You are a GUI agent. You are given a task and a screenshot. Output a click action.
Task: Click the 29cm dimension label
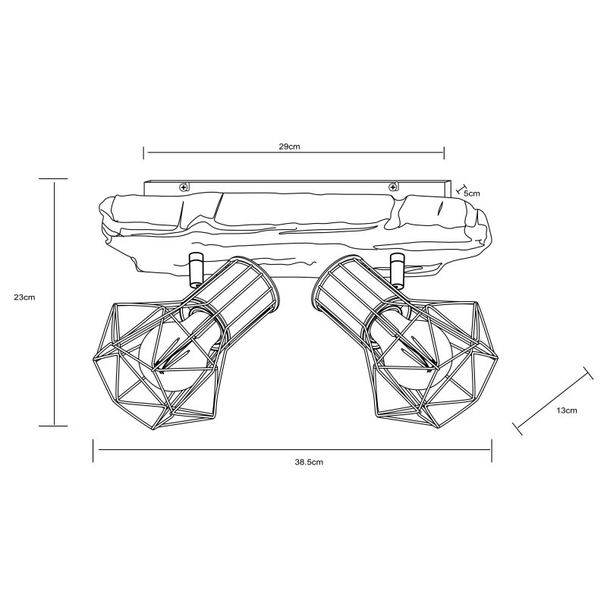tap(290, 146)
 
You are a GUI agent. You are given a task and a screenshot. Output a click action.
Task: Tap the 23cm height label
tap(24, 297)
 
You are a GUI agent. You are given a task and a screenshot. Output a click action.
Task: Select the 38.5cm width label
tap(309, 462)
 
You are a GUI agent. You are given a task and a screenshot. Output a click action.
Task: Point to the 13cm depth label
tap(567, 410)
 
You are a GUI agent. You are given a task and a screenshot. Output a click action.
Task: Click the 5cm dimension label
tap(472, 193)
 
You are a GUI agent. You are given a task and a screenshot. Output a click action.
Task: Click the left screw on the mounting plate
tap(183, 187)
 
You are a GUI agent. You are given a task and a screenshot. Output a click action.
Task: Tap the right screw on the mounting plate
tap(392, 187)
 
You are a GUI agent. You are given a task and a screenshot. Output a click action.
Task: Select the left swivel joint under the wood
tap(195, 270)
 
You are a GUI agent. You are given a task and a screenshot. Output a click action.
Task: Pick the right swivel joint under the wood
tap(396, 270)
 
